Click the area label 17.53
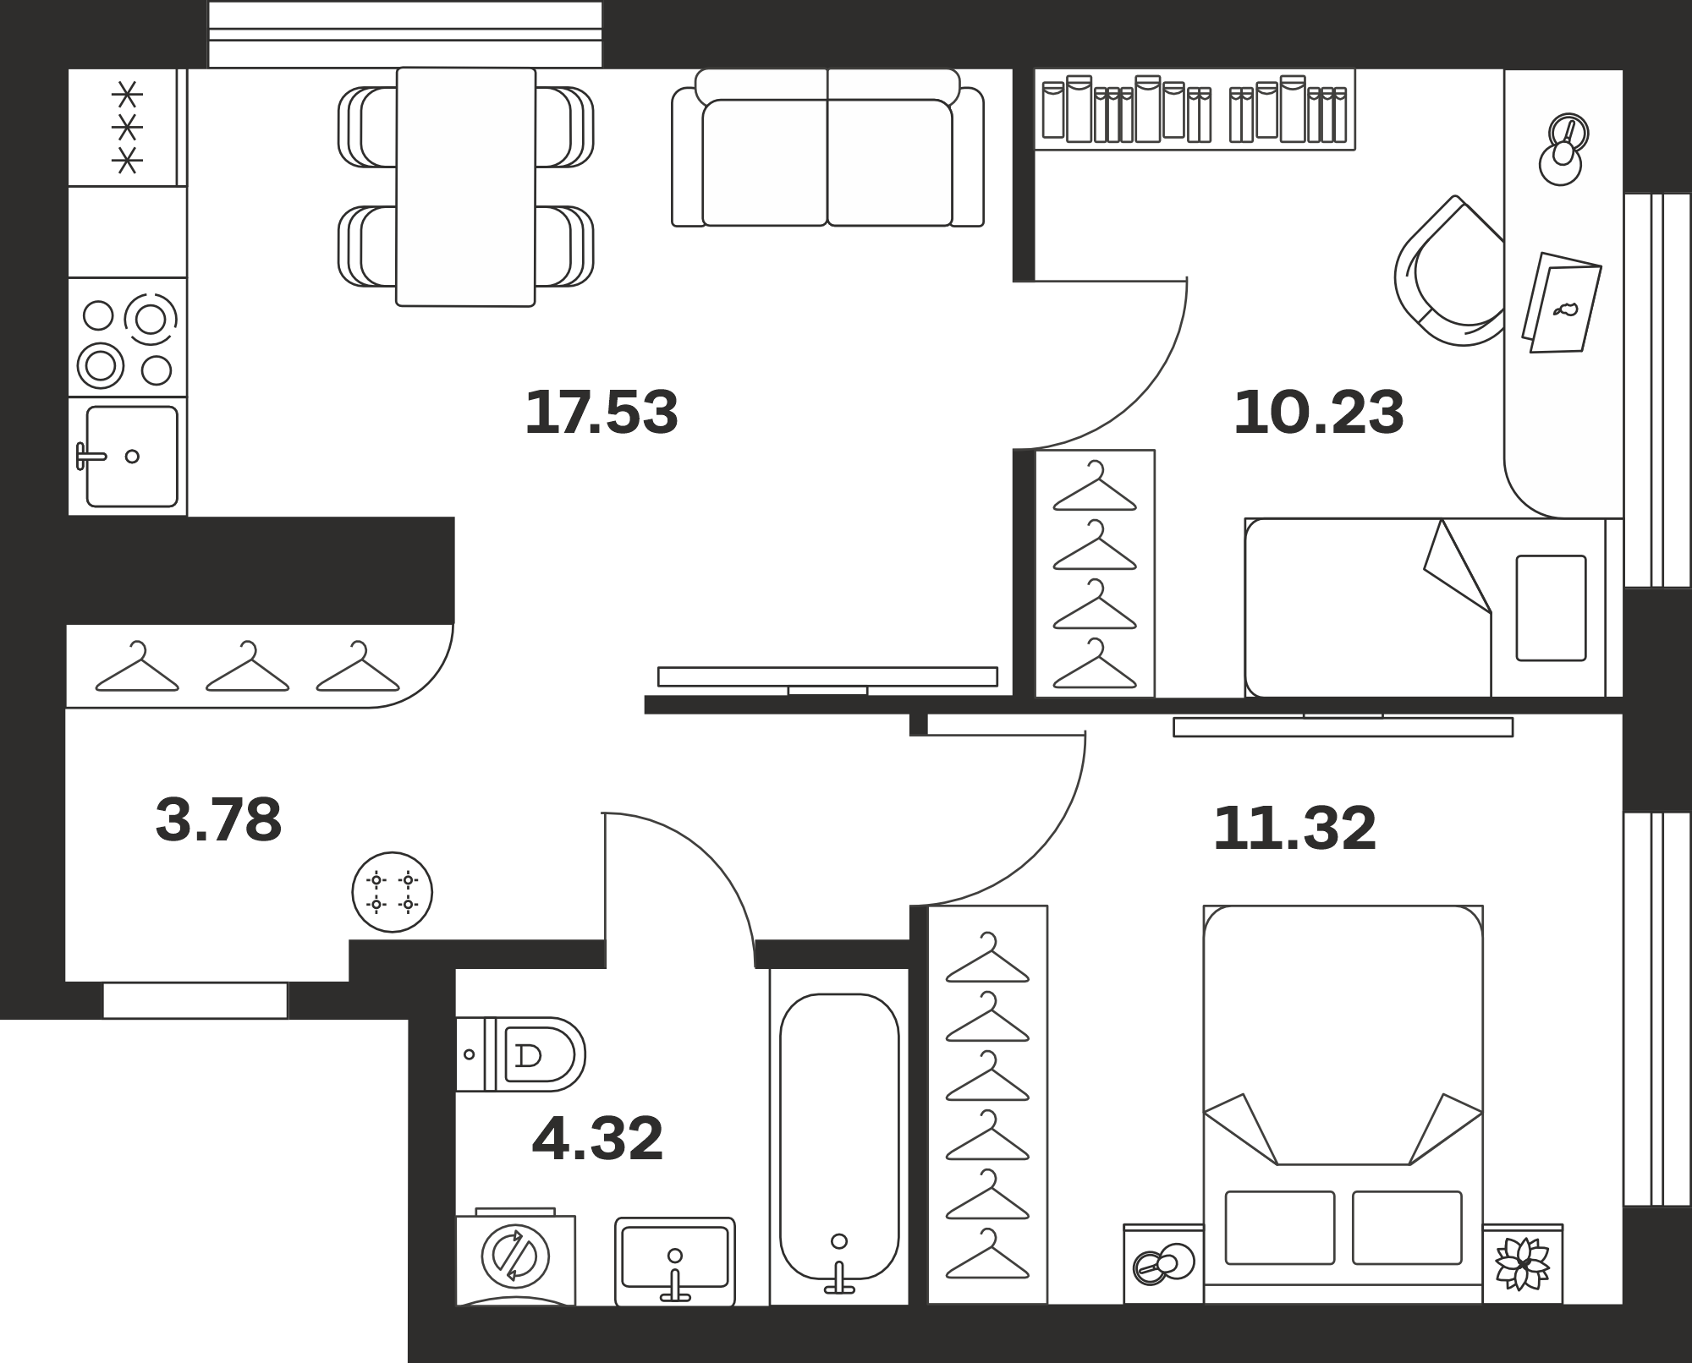click(602, 413)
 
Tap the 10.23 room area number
click(1319, 413)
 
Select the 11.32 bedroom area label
click(1294, 829)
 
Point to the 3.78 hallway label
click(218, 820)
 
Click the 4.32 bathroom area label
click(597, 1139)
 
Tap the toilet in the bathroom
click(520, 1054)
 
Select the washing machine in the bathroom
click(515, 1257)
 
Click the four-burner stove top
click(128, 337)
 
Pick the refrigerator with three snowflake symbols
click(127, 127)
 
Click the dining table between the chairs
click(465, 187)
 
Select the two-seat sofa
click(827, 148)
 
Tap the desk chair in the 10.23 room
click(1449, 272)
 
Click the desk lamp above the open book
click(1563, 149)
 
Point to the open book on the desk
click(1562, 302)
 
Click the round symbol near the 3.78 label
click(393, 892)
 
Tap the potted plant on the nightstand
click(1522, 1264)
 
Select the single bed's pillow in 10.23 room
click(1551, 608)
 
